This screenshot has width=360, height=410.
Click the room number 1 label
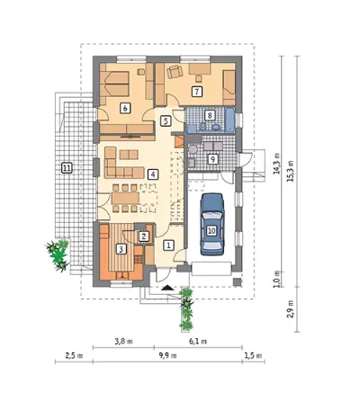pos(168,245)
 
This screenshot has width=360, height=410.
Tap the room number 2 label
pos(144,236)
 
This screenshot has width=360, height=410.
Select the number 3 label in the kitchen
pos(121,249)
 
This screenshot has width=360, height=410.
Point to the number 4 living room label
pos(153,174)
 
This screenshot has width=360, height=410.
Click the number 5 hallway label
pos(166,120)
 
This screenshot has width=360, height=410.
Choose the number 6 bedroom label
pos(125,108)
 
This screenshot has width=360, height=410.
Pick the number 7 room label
pos(197,92)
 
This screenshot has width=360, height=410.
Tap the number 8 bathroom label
pos(210,115)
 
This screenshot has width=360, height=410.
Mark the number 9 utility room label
pos(212,159)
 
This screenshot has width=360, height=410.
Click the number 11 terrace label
pos(67,168)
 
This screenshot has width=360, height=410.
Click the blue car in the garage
pos(212,224)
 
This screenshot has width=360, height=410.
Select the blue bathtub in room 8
pos(230,120)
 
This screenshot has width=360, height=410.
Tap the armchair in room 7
pos(175,72)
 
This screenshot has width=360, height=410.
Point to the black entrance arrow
pos(167,288)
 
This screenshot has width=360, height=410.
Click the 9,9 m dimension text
pos(168,356)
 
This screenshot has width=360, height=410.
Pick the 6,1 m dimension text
pos(198,342)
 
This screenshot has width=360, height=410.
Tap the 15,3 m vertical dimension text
pos(291,171)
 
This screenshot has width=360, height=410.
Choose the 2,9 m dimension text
pos(291,309)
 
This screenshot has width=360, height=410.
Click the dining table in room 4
pos(125,198)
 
